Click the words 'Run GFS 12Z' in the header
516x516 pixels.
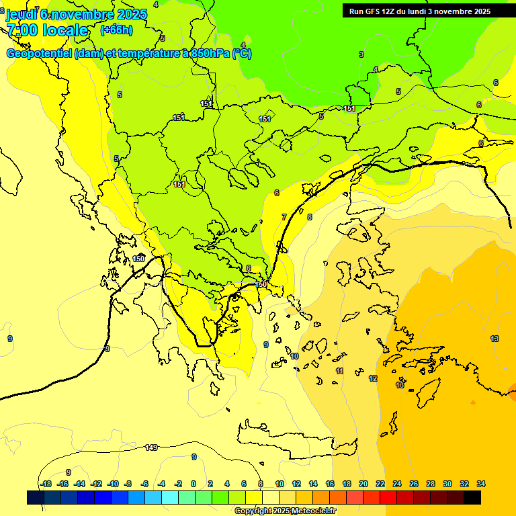click(x=372, y=11)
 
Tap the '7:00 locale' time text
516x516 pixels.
click(x=48, y=30)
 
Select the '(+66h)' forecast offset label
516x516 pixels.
click(x=116, y=30)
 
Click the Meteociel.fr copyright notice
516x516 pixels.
click(x=285, y=511)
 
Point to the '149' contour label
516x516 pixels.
click(x=151, y=447)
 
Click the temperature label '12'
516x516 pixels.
click(x=373, y=378)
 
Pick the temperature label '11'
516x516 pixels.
click(x=339, y=371)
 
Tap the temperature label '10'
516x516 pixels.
click(x=294, y=356)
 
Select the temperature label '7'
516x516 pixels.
click(x=284, y=217)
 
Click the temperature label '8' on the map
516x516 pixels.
click(x=310, y=217)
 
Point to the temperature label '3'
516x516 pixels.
click(x=361, y=54)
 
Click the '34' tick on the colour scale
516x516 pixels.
click(x=481, y=484)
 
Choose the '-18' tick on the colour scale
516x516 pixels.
click(x=46, y=484)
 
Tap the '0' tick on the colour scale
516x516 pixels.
click(x=193, y=484)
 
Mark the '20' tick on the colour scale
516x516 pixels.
click(x=363, y=484)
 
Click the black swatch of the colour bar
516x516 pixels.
click(x=472, y=497)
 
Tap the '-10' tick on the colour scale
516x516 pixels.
click(x=112, y=484)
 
